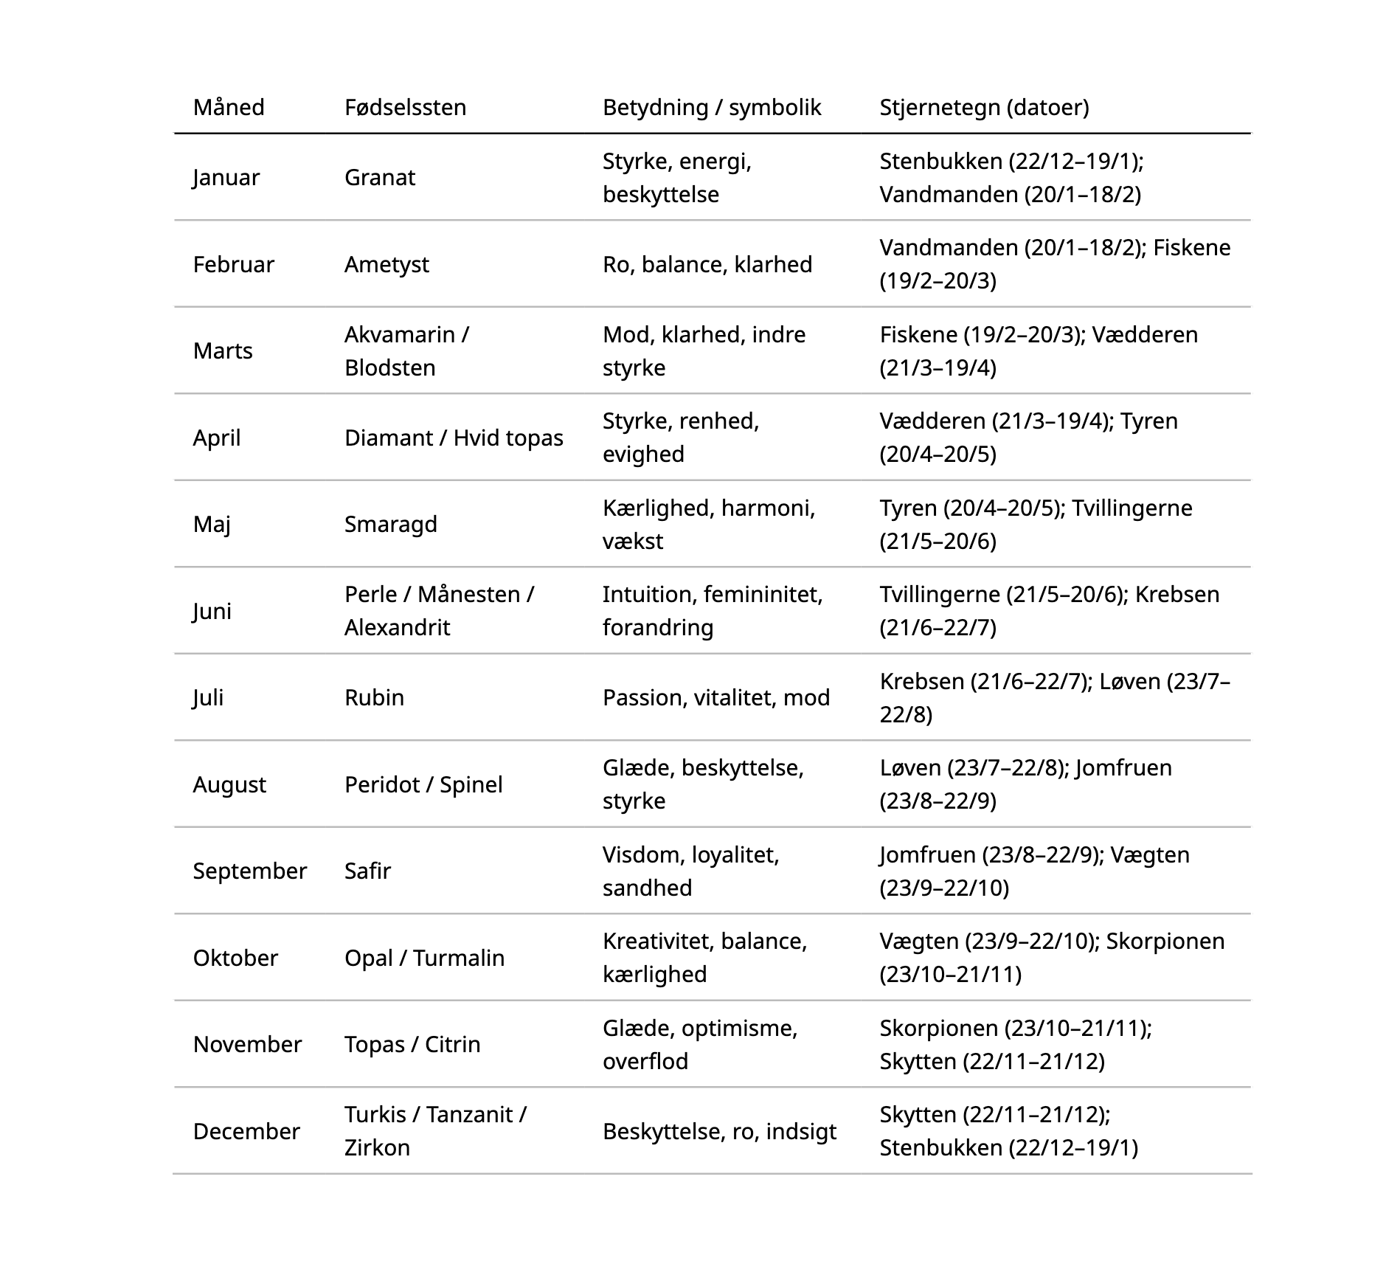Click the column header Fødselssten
click(405, 108)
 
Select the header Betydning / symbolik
click(711, 108)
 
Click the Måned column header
click(229, 108)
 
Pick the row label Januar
click(226, 178)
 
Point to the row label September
click(249, 871)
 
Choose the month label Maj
click(212, 525)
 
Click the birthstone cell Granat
click(379, 178)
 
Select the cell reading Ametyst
click(387, 265)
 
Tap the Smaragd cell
click(390, 525)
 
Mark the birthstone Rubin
click(374, 698)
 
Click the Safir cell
click(367, 871)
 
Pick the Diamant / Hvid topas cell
click(453, 438)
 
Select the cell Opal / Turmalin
click(424, 958)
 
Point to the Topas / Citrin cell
click(412, 1045)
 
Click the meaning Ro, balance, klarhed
click(707, 265)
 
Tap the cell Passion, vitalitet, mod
click(715, 698)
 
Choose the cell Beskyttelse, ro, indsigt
click(719, 1131)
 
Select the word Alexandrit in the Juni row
click(397, 628)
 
